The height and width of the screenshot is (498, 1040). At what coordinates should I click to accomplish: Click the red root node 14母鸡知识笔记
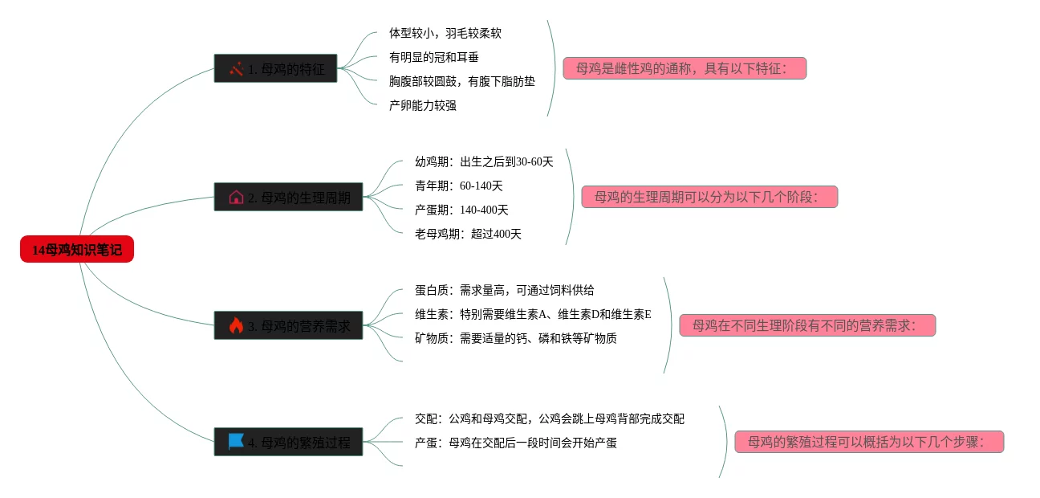(77, 250)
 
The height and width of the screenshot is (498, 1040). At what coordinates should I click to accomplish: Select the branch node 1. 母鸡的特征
(275, 69)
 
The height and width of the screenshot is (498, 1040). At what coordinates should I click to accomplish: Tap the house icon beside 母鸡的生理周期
(236, 197)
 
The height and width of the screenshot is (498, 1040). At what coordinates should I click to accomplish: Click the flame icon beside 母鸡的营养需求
(236, 325)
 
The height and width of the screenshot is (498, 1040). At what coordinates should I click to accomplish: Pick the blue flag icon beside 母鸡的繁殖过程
(236, 441)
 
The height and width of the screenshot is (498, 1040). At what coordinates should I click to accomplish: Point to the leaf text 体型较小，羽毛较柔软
(445, 33)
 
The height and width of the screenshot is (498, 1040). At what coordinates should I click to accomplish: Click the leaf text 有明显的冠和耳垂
(434, 57)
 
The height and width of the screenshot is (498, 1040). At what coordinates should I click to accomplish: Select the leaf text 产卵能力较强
(423, 105)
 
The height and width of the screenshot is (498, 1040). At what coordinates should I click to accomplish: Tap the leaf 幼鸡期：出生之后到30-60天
(484, 161)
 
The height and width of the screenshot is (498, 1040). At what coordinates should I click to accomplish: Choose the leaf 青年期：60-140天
(459, 186)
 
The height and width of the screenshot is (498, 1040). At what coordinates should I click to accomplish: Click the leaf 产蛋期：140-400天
(461, 210)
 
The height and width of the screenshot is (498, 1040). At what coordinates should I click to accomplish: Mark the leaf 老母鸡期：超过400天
(468, 234)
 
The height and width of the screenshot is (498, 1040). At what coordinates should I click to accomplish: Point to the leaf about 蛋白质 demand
(504, 290)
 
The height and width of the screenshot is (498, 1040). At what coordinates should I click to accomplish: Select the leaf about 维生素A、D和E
(533, 314)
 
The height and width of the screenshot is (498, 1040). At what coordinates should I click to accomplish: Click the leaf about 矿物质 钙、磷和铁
(515, 338)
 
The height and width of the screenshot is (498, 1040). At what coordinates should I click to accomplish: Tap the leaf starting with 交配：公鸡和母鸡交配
(549, 418)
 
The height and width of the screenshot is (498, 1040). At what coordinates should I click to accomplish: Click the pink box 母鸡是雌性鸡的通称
(685, 68)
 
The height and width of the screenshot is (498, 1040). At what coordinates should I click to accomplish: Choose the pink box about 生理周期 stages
(709, 197)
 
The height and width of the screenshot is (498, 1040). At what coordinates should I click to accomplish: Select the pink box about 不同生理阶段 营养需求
(807, 325)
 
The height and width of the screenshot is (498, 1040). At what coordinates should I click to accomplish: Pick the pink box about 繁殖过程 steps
(869, 442)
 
